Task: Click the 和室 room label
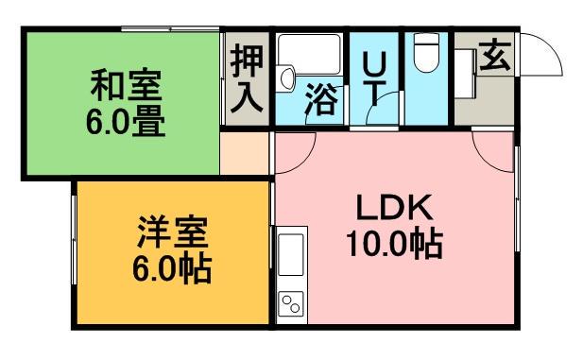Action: (126, 86)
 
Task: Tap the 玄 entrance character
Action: (492, 58)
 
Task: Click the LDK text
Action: (393, 209)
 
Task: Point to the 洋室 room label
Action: (172, 232)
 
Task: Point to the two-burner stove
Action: (289, 303)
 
